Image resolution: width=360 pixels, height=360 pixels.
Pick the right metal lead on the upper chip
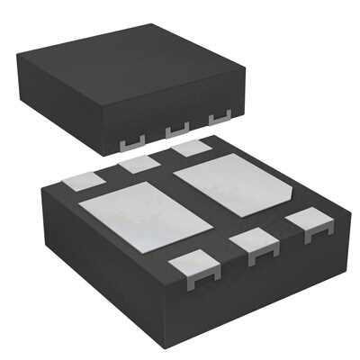(218, 119)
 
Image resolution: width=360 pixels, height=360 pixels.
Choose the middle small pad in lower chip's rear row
(139, 163)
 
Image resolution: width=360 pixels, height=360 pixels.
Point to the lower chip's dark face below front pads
(261, 288)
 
